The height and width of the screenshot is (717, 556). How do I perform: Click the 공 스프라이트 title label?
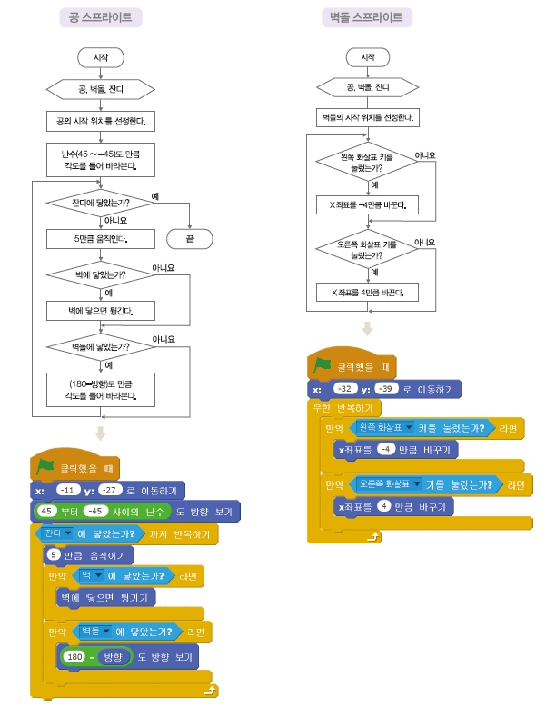(100, 17)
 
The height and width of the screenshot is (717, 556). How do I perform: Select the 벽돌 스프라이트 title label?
(368, 17)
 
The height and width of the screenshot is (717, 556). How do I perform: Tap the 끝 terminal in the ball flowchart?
(190, 239)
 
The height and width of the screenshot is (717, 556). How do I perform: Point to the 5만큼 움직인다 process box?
(100, 240)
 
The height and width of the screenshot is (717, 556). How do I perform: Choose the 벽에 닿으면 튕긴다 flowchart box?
(100, 311)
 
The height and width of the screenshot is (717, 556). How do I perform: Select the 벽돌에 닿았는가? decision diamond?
(100, 346)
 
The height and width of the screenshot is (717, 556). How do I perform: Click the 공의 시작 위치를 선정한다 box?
(100, 120)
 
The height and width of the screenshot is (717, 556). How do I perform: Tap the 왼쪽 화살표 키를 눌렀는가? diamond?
(368, 163)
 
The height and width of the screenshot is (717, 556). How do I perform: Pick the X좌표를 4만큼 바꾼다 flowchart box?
(368, 292)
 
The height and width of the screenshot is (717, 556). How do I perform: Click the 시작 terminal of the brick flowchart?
(368, 56)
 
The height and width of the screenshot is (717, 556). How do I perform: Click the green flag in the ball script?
(45, 466)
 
